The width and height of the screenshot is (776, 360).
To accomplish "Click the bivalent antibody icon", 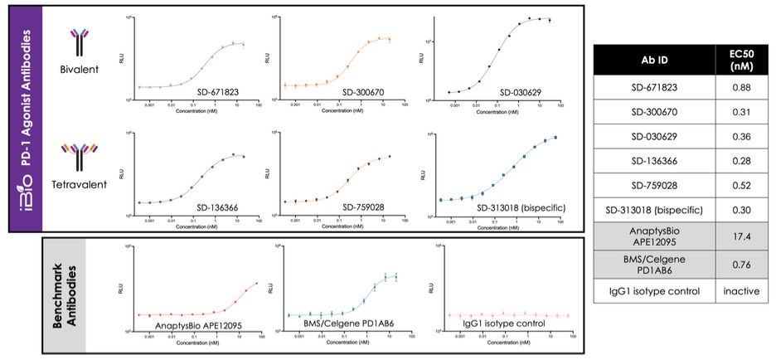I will click(80, 40).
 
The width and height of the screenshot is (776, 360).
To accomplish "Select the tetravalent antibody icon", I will click(80, 155).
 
